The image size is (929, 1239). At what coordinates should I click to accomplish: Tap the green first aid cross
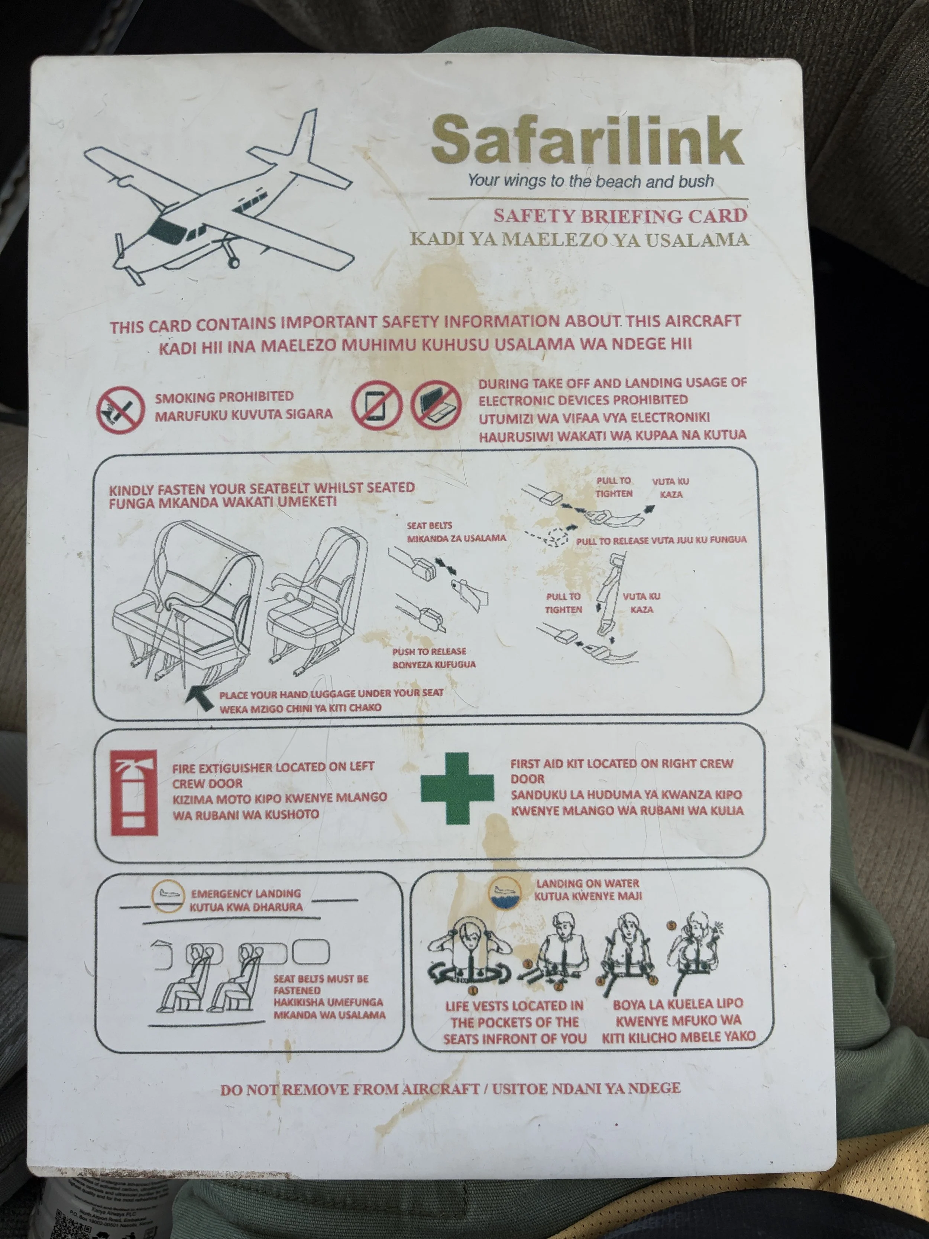457,788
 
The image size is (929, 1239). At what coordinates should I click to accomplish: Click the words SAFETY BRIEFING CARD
621,216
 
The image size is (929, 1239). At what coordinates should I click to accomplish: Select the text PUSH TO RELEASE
429,651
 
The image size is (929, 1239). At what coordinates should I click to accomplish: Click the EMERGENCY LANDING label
246,893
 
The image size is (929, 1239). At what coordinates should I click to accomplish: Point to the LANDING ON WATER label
587,883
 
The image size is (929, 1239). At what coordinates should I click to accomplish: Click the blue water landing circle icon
505,892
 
